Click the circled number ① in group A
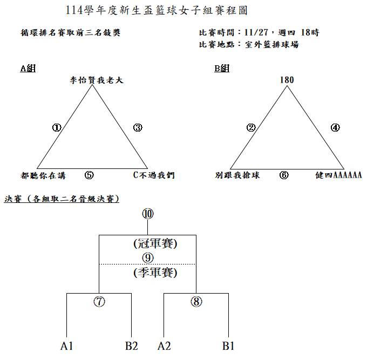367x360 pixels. click(57, 127)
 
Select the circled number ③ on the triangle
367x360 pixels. click(138, 127)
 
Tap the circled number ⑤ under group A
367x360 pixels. click(90, 175)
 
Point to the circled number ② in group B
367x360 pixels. click(251, 127)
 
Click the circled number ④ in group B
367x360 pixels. click(335, 127)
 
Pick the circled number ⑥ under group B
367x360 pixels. click(284, 175)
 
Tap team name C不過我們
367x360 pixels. click(154, 175)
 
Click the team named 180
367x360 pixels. click(287, 80)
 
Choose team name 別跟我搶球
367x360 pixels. click(237, 175)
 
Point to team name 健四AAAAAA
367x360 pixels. click(338, 175)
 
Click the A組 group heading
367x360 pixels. click(28, 68)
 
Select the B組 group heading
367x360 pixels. click(222, 68)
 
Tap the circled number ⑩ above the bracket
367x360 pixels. click(148, 213)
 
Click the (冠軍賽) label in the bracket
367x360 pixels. click(155, 243)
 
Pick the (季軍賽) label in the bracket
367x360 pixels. click(155, 273)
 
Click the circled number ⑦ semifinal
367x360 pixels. click(99, 302)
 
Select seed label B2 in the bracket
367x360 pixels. click(132, 346)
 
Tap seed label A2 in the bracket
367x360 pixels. click(164, 346)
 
